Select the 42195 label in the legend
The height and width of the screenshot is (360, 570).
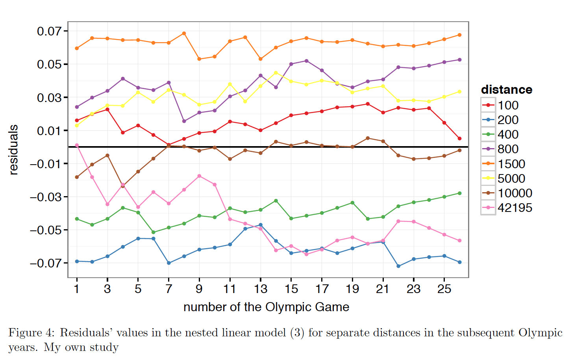coord(514,208)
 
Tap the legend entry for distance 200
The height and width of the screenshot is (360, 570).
coord(508,120)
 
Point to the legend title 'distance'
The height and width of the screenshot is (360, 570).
coord(506,90)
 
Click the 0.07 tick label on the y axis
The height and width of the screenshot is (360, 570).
coord(50,31)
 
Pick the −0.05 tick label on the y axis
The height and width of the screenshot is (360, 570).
coord(46,230)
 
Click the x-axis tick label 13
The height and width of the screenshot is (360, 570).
coord(261,289)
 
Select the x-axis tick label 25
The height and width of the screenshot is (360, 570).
coord(444,289)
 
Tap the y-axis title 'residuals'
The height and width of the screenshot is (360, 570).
coord(13,150)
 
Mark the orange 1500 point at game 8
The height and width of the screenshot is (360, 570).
coord(184,33)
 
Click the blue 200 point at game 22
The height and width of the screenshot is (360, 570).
coord(398,266)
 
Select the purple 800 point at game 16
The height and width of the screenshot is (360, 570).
coord(306,61)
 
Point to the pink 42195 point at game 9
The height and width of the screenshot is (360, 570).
coord(199,176)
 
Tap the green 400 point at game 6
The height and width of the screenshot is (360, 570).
coord(153,232)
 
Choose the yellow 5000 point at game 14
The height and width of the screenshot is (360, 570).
coord(276,72)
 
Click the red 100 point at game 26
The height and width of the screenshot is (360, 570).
coord(459,139)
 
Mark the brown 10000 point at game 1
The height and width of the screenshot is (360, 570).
coord(77,177)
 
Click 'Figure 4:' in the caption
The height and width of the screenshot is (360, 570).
coord(31,333)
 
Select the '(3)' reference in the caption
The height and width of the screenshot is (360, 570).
coord(297,333)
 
